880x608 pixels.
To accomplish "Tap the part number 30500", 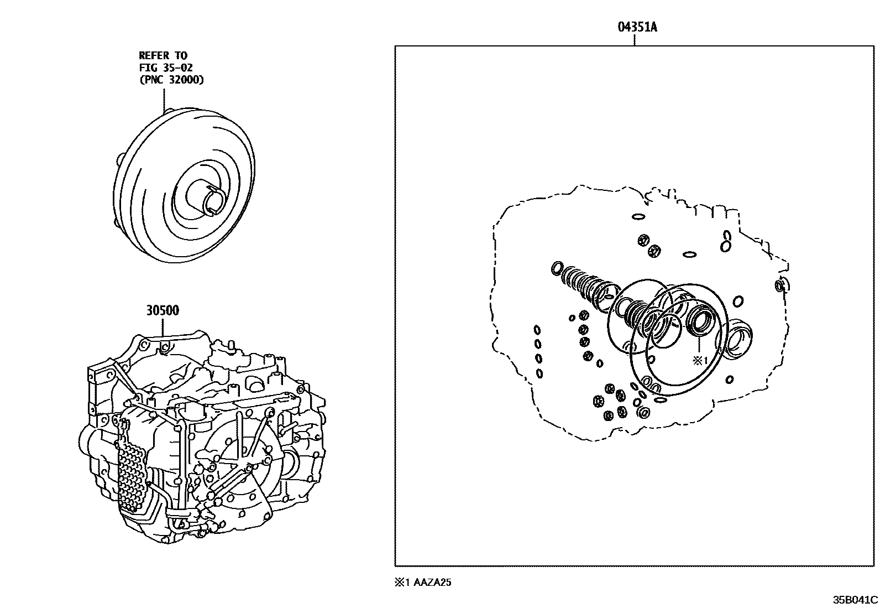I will [163, 310].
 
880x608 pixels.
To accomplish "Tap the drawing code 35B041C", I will [855, 600].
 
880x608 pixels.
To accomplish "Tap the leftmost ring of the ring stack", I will [557, 269].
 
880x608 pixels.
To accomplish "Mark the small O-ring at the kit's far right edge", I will [780, 286].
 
